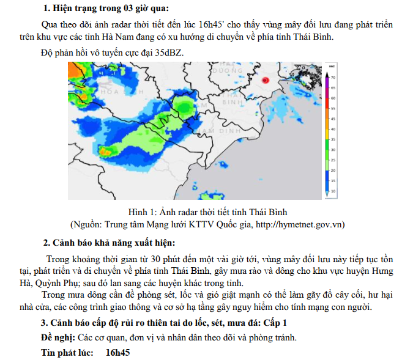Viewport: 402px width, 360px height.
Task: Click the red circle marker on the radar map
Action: point(266,80)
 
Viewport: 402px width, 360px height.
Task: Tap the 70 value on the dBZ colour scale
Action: point(333,78)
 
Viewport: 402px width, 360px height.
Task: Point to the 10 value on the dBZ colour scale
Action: point(333,191)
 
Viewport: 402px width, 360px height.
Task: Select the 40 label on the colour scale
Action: point(333,129)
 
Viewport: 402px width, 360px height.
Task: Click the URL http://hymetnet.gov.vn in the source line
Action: point(299,224)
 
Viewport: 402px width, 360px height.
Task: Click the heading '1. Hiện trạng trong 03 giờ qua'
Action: point(107,8)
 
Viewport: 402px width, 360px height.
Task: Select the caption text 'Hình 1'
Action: point(143,213)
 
